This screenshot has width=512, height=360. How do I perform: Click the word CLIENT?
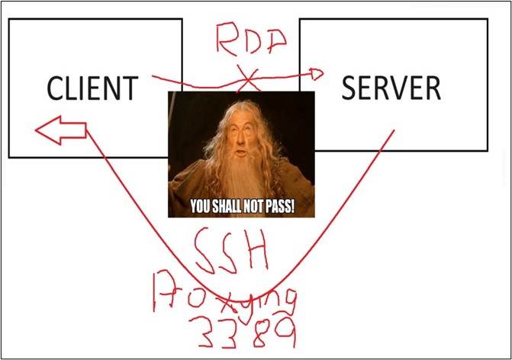93,88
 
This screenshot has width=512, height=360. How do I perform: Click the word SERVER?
391,88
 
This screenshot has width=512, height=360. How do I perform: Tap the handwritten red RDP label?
251,39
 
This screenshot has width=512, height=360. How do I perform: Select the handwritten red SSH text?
231,249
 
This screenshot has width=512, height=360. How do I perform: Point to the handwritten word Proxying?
224,296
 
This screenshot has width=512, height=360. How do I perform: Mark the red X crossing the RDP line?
249,79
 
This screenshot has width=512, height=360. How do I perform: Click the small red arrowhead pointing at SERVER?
317,74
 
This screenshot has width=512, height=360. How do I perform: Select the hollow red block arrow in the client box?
61,130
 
